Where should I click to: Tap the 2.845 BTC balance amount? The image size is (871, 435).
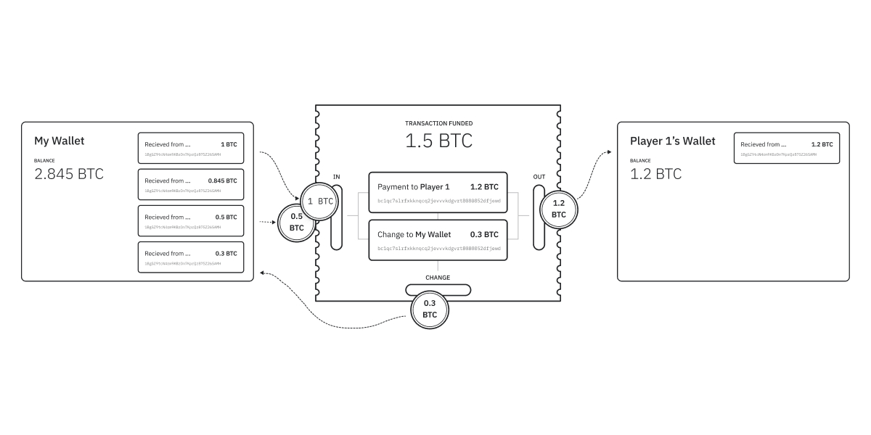pyautogui.click(x=69, y=174)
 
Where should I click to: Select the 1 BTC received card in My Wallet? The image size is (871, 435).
pyautogui.click(x=191, y=148)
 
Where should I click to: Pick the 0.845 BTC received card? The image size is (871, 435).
pyautogui.click(x=191, y=184)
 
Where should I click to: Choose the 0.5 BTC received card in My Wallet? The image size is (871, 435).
pyautogui.click(x=191, y=220)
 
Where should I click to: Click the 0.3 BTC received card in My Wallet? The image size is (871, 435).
pyautogui.click(x=191, y=257)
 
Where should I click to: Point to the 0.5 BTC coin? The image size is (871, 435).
pyautogui.click(x=296, y=222)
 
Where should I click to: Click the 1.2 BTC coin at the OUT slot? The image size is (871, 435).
pyautogui.click(x=558, y=210)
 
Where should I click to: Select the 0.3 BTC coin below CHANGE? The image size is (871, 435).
pyautogui.click(x=430, y=309)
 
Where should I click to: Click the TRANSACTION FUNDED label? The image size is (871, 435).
pyautogui.click(x=438, y=124)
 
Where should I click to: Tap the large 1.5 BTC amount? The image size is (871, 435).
pyautogui.click(x=438, y=141)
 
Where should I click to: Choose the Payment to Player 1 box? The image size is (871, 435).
pyautogui.click(x=438, y=192)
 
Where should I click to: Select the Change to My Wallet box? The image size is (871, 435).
pyautogui.click(x=438, y=240)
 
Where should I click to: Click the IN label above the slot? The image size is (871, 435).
pyautogui.click(x=336, y=177)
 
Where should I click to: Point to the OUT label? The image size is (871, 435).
pyautogui.click(x=539, y=177)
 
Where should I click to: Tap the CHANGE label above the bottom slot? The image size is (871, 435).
pyautogui.click(x=438, y=278)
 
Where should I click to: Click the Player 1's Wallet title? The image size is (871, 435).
pyautogui.click(x=672, y=141)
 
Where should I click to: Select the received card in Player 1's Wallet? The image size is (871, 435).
pyautogui.click(x=787, y=148)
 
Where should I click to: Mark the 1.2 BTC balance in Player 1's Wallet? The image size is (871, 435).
pyautogui.click(x=655, y=174)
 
